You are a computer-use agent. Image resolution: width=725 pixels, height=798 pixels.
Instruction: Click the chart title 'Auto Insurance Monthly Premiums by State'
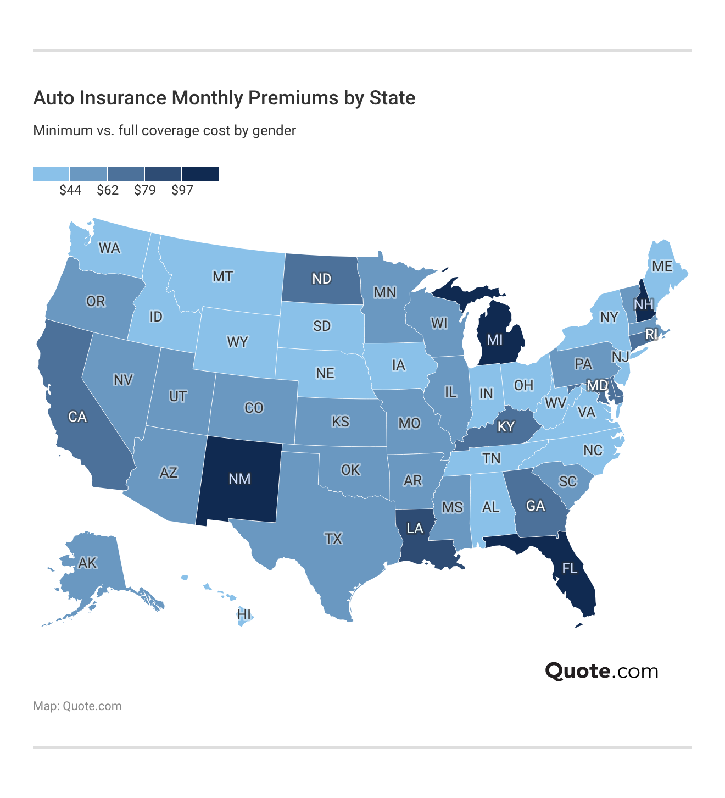click(x=224, y=98)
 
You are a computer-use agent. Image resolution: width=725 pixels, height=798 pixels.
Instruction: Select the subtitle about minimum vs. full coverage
click(x=164, y=131)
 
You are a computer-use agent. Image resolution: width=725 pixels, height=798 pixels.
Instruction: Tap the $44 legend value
click(x=70, y=190)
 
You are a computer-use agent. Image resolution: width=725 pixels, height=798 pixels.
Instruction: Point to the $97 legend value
click(x=182, y=190)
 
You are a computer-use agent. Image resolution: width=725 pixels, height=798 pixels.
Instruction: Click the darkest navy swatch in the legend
click(x=200, y=174)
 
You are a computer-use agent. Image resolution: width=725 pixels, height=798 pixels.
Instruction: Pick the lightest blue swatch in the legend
click(x=51, y=174)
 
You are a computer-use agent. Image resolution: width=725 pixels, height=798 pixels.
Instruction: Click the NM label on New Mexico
click(x=239, y=479)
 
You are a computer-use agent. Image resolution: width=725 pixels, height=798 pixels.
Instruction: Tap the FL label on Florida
click(x=570, y=568)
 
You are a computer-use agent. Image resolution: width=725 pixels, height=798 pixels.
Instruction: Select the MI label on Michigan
click(x=495, y=340)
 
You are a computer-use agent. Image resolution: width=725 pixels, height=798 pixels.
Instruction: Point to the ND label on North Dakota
click(x=321, y=279)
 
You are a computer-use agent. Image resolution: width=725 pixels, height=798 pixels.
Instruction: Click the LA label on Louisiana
click(x=415, y=529)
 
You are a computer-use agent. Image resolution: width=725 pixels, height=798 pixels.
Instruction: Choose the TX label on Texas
click(x=333, y=539)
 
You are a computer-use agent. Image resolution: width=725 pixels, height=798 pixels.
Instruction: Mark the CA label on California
click(x=77, y=417)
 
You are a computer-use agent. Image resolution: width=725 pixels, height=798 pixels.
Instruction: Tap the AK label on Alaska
click(x=87, y=563)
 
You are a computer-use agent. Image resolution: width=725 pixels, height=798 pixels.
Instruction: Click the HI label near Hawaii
click(x=244, y=614)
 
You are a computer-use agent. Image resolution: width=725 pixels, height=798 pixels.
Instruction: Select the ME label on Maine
click(x=662, y=266)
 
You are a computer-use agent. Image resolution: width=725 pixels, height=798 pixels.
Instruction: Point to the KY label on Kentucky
click(x=506, y=426)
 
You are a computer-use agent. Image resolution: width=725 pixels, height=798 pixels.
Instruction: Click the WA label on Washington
click(x=109, y=248)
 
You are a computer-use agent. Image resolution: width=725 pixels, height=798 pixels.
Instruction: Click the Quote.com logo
click(x=601, y=671)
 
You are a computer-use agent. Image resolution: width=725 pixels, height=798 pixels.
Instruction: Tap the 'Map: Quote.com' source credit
click(x=77, y=706)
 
